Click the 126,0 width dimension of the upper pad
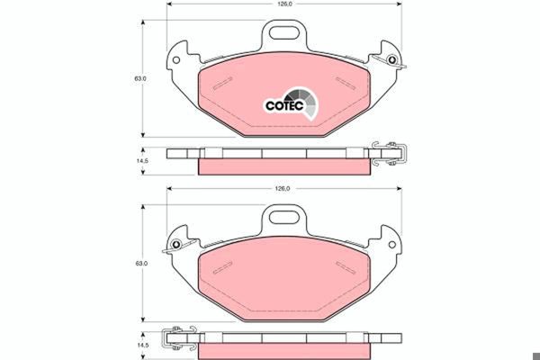click(284, 4)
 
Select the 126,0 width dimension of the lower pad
click(283, 188)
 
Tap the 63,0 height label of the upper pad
click(140, 78)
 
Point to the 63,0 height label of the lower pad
click(140, 264)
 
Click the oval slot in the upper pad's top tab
click(283, 32)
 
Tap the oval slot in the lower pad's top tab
click(283, 217)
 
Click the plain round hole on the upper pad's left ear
click(176, 60)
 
